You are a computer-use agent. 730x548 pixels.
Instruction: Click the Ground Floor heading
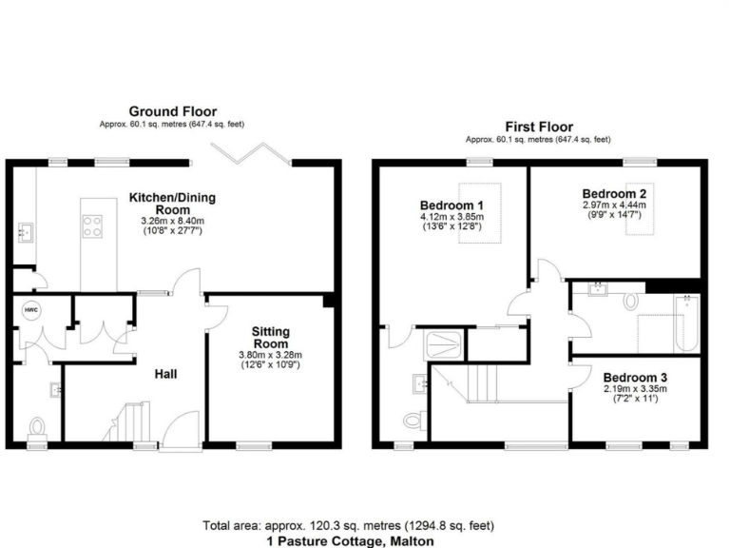[x=173, y=110]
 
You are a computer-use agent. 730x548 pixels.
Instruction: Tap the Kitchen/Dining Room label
[x=173, y=204]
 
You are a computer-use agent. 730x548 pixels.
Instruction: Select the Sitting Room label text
[x=270, y=337]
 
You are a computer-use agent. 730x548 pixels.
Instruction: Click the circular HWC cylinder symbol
[x=31, y=311]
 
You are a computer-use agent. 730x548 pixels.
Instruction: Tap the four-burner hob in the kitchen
[x=94, y=226]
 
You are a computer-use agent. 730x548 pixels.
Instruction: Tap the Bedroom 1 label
[x=451, y=205]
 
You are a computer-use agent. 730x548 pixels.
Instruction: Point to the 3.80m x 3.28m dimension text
[x=270, y=354]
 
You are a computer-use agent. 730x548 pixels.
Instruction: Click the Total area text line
[x=348, y=525]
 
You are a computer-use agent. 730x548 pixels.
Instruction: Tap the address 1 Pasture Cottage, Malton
[x=348, y=539]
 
